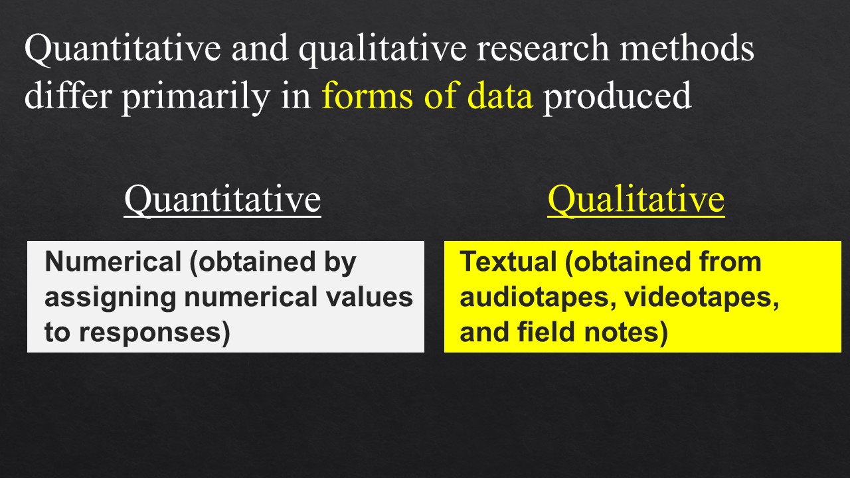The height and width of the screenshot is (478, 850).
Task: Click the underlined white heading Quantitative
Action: [222, 199]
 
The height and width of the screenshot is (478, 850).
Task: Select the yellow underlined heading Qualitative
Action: [636, 199]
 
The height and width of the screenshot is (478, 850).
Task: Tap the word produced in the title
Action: [617, 97]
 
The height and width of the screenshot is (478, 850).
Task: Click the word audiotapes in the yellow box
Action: [539, 297]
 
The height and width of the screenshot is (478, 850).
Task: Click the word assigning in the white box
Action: [110, 297]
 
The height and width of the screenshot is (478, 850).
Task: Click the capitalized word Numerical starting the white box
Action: [113, 262]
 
